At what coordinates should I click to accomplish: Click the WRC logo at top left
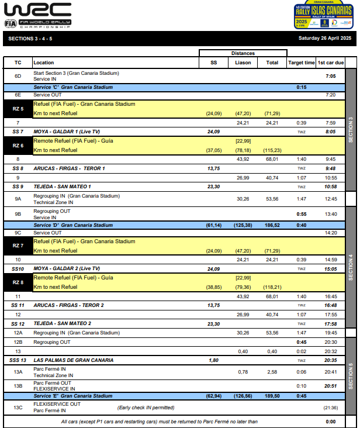point(39,15)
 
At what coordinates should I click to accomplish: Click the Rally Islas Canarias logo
point(323,15)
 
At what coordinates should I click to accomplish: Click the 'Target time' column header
point(301,63)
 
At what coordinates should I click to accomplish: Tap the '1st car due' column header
point(331,63)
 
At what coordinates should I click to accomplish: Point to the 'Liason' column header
point(243,63)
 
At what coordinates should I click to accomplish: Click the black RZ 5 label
point(18,109)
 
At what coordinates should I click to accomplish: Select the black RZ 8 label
point(18,282)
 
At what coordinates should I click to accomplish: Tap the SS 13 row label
point(18,360)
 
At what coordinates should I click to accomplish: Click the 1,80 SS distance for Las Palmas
point(213,360)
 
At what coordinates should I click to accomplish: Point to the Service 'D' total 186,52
point(272,225)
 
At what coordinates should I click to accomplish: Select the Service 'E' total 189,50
point(272,396)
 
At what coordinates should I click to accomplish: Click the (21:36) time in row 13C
point(331,408)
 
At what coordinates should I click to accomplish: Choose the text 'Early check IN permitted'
point(146,408)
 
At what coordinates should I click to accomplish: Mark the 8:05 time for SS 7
point(331,132)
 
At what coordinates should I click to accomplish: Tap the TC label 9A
point(18,199)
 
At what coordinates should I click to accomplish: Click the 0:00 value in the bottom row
point(331,422)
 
